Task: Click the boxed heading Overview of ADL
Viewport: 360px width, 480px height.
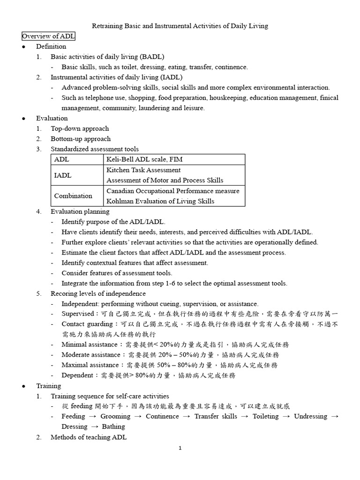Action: [x=48, y=37]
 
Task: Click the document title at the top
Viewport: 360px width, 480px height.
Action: [x=179, y=26]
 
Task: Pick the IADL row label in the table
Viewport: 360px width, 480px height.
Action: [x=63, y=175]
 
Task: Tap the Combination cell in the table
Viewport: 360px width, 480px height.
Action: [x=73, y=196]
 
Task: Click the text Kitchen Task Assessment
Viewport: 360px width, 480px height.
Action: [x=143, y=170]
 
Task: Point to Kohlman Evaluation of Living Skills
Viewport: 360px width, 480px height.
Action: [x=160, y=201]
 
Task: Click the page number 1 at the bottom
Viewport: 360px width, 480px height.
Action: [x=180, y=448]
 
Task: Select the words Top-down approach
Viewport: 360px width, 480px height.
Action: [x=80, y=128]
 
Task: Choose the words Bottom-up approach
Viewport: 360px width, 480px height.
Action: [x=81, y=139]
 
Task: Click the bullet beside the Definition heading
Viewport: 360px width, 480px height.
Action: [x=23, y=47]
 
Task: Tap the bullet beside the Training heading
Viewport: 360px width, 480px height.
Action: [x=23, y=386]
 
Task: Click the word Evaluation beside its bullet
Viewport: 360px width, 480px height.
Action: [x=52, y=118]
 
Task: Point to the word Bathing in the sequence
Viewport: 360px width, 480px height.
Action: [x=113, y=427]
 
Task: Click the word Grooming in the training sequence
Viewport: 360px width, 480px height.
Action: [x=115, y=416]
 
